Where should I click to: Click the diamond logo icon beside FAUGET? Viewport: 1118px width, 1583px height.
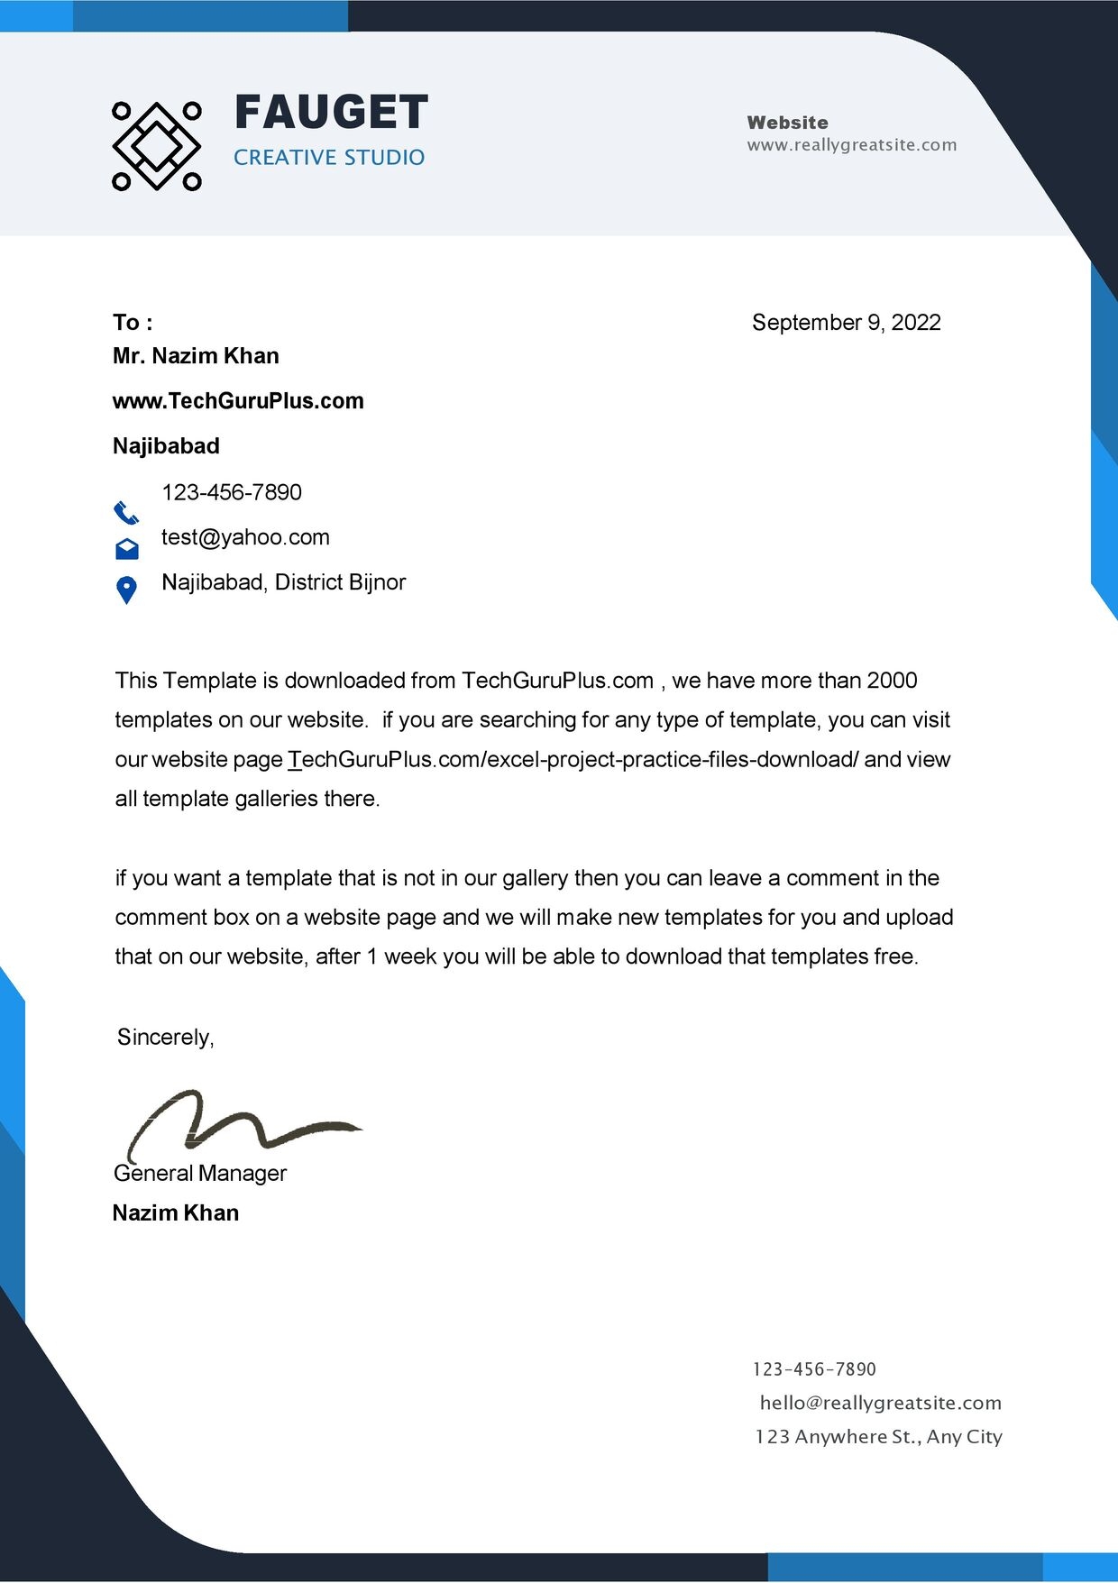[x=156, y=146]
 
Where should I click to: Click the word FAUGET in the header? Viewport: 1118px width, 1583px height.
[x=331, y=114]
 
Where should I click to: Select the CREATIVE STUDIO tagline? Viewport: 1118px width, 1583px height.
[x=329, y=158]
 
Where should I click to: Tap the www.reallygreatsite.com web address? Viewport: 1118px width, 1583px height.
[x=851, y=145]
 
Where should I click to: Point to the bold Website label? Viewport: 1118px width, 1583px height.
[x=787, y=123]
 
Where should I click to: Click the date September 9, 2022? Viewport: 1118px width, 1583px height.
[x=846, y=323]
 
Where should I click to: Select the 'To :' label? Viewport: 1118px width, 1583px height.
[x=133, y=323]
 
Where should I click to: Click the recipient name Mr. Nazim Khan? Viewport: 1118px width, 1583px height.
[x=196, y=356]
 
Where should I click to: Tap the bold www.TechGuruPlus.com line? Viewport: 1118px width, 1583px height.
[x=238, y=401]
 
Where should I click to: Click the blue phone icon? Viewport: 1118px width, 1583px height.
[x=126, y=513]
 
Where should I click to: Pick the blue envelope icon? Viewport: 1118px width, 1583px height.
[x=127, y=548]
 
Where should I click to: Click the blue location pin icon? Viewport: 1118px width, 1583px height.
[x=127, y=590]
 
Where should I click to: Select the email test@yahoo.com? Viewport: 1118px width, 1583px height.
[x=245, y=537]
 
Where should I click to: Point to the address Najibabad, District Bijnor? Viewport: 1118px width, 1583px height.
[x=283, y=582]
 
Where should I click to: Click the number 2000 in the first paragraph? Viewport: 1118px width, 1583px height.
[x=892, y=681]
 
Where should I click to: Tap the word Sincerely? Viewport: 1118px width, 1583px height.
[x=165, y=1038]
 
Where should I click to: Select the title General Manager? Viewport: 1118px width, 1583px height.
[x=200, y=1174]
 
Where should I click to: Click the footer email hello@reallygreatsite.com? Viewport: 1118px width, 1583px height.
[x=880, y=1403]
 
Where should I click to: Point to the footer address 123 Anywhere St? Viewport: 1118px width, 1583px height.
[x=878, y=1437]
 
